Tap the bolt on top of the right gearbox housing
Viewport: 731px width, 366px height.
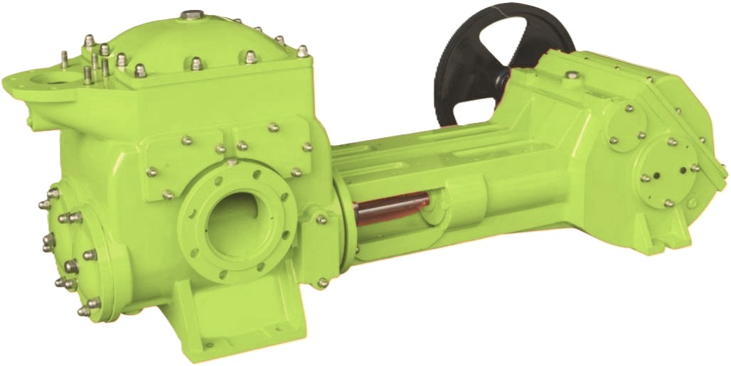571,74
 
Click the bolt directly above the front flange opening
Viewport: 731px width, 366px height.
232,162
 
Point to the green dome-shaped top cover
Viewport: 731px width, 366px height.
192,43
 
